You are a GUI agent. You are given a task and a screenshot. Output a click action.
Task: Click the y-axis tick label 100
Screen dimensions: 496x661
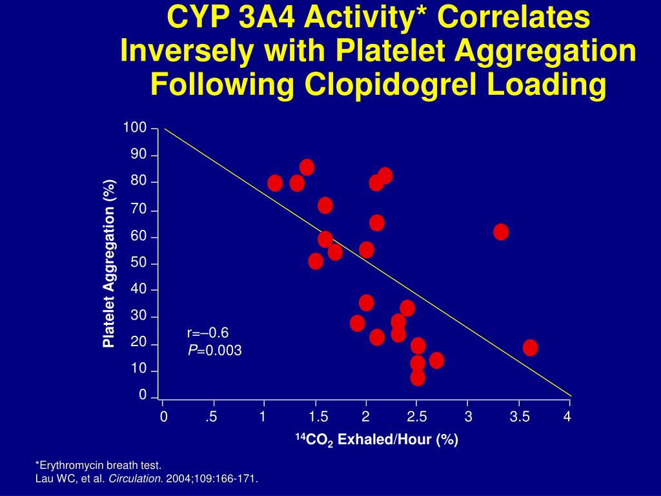coord(136,128)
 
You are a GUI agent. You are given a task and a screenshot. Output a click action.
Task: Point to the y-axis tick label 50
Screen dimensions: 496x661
coord(139,263)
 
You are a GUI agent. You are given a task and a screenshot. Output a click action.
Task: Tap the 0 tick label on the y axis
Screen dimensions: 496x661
coord(143,395)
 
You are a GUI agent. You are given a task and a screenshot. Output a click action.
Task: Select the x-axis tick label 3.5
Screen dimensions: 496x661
coord(519,417)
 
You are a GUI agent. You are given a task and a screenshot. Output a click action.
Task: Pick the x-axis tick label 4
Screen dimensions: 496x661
coord(567,417)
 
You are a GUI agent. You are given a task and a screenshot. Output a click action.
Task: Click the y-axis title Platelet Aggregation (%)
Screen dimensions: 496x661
coord(108,263)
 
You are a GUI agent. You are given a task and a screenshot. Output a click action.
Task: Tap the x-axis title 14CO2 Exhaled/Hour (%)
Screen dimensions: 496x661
coord(376,440)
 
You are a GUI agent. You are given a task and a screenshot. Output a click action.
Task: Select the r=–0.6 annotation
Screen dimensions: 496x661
coord(208,333)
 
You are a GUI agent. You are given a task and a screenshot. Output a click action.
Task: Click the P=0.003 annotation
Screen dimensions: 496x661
coord(215,351)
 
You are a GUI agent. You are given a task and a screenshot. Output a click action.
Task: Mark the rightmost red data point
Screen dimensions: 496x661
coord(530,347)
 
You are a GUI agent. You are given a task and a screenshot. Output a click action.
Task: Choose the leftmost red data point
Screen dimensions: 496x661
coord(275,183)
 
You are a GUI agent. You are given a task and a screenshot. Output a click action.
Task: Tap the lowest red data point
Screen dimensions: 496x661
coord(418,378)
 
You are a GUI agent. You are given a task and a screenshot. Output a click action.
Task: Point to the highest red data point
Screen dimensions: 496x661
coord(307,167)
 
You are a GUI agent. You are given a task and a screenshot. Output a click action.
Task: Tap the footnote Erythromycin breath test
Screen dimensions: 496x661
coord(98,465)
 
